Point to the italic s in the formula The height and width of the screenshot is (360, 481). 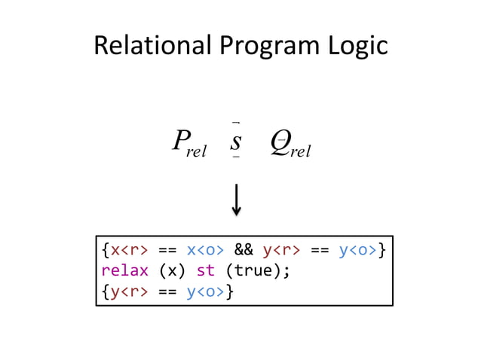point(236,140)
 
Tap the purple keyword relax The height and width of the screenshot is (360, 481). point(124,270)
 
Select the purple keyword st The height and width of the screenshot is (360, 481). point(206,270)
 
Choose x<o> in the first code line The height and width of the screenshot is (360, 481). point(205,249)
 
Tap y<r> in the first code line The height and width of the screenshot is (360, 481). point(282,249)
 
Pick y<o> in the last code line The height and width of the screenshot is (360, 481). point(205,290)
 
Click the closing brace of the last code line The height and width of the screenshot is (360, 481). point(229,290)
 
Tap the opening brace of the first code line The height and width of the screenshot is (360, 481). point(106,249)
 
